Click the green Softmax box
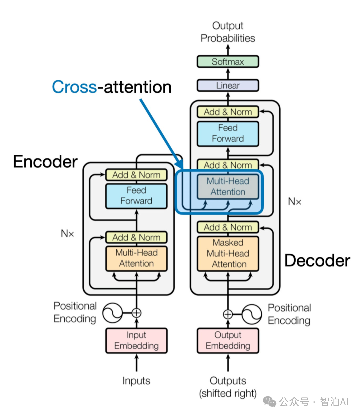(228, 62)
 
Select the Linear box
(228, 85)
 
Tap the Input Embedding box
(136, 341)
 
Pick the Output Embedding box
(228, 341)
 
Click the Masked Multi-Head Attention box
(228, 254)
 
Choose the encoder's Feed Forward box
(136, 196)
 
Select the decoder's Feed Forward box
(228, 133)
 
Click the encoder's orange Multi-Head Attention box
(136, 258)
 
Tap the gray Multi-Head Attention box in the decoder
(228, 187)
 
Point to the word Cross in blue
(74, 87)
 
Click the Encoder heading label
(45, 162)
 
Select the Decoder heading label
(317, 261)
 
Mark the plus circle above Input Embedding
(136, 313)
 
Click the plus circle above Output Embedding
(228, 314)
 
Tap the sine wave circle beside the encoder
(112, 313)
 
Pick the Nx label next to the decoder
(295, 201)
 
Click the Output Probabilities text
(228, 32)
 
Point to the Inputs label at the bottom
(136, 381)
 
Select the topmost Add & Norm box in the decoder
(228, 112)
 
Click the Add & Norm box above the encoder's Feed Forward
(136, 175)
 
